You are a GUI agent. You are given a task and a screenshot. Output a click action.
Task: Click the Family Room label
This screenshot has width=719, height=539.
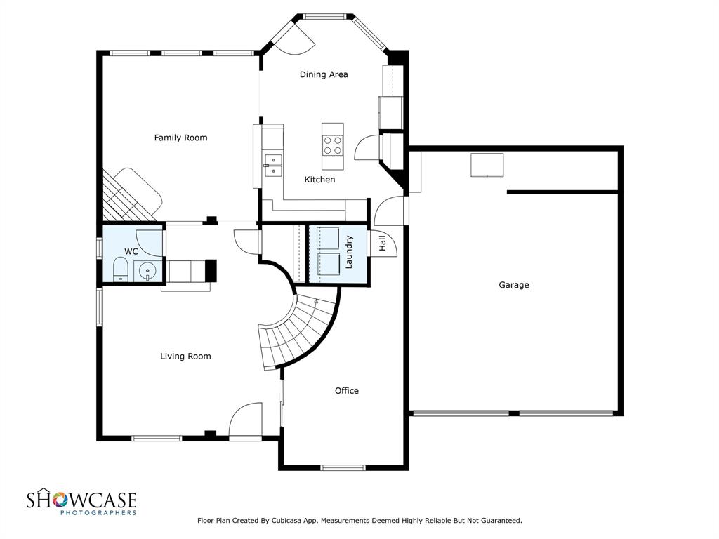click(180, 138)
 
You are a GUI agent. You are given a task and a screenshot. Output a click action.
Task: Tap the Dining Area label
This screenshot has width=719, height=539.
click(324, 74)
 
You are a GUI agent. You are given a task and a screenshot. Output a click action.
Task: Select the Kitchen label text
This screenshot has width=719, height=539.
click(319, 180)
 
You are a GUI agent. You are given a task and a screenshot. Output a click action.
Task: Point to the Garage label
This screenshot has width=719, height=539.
click(513, 285)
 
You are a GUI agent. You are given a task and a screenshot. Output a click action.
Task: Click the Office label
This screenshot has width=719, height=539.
click(347, 390)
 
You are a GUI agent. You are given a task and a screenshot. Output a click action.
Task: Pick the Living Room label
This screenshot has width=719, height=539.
click(185, 356)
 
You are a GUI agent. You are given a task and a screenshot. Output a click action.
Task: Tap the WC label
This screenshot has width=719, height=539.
click(131, 252)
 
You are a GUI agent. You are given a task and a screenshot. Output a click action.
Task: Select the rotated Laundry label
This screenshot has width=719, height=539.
click(349, 252)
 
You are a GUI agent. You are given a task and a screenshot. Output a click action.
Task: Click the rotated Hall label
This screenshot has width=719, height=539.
click(382, 244)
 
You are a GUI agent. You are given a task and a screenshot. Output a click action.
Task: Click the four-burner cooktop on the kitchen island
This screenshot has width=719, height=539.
click(332, 146)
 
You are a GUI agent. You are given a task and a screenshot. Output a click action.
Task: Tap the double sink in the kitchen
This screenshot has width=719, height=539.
click(273, 165)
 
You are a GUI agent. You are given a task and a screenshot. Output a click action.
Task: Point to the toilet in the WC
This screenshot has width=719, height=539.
click(120, 269)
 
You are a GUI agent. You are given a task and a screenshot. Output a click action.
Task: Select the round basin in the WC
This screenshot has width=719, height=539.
click(147, 271)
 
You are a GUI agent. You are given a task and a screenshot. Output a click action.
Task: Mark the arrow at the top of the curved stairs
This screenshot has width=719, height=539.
click(316, 302)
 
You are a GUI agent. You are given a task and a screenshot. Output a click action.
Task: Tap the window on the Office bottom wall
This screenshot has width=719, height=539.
click(343, 467)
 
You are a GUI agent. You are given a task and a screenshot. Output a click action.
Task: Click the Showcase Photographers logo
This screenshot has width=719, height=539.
click(81, 502)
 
